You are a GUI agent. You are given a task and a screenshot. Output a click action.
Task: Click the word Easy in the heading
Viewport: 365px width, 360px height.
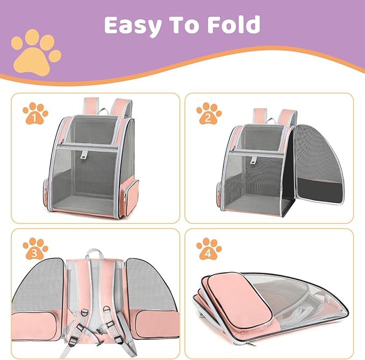click(133, 26)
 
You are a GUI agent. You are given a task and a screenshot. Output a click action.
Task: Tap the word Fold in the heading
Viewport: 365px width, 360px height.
click(234, 24)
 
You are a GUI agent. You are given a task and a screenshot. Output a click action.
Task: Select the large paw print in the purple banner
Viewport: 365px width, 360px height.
click(36, 52)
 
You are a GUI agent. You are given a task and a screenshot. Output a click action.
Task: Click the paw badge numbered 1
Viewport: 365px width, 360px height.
click(35, 114)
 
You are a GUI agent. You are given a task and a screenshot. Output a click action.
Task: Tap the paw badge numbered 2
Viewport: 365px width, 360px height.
click(209, 114)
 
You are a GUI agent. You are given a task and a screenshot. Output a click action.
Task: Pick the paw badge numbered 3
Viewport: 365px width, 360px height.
click(35, 249)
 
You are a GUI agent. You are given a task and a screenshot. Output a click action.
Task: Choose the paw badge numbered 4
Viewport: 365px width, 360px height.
click(209, 249)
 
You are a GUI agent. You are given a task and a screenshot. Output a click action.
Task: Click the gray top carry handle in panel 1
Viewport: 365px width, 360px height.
click(104, 111)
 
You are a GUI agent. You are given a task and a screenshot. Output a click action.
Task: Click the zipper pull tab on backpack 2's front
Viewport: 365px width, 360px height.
click(253, 160)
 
